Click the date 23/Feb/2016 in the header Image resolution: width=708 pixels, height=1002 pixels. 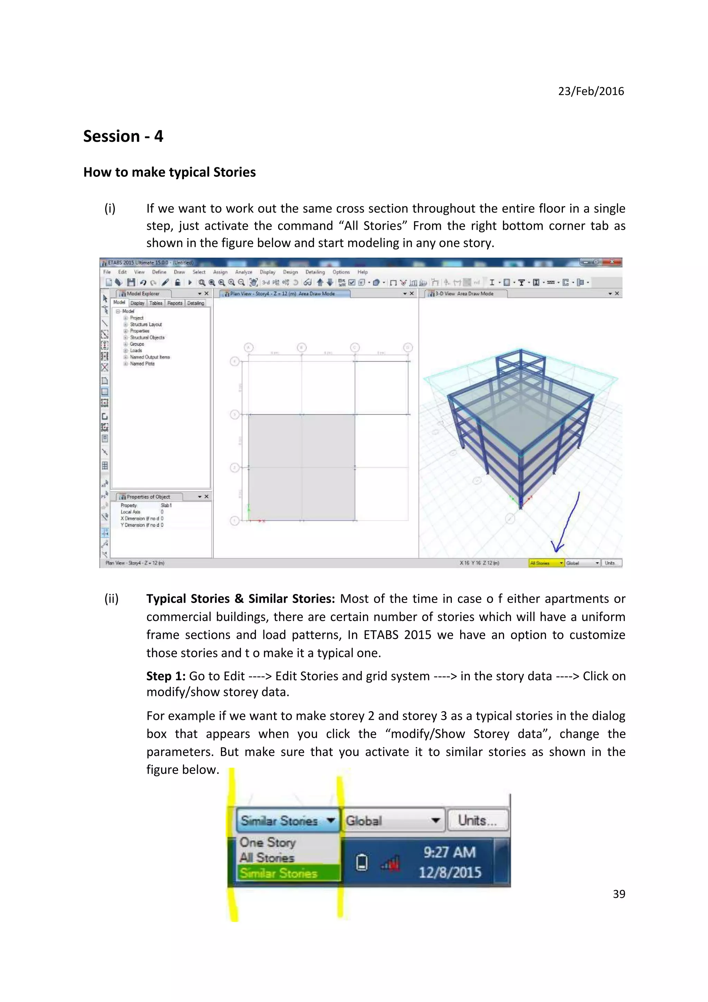coord(591,91)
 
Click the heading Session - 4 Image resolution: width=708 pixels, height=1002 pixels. coord(123,136)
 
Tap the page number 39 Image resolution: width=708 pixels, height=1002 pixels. coord(618,894)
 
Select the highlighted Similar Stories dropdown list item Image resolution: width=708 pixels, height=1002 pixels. coord(279,873)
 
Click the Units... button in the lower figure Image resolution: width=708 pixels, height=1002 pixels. coord(477,820)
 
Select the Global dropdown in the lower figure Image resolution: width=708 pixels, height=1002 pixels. coord(393,820)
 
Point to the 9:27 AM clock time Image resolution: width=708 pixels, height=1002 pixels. coord(449,852)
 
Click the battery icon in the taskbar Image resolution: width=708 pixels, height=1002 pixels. coord(362,863)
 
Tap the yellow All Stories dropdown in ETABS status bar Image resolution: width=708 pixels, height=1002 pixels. coord(546,563)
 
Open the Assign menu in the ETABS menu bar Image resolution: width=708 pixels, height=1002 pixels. coord(220,272)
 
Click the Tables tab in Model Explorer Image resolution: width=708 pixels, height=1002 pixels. coord(156,303)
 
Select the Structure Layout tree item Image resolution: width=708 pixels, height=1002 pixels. coord(146,324)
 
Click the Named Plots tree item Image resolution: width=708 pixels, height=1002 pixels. coord(142,363)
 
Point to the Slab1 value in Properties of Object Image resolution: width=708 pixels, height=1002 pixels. coord(166,505)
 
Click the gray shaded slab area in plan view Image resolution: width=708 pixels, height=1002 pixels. coord(301,467)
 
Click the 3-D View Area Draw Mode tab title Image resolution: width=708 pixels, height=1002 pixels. coord(465,294)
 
